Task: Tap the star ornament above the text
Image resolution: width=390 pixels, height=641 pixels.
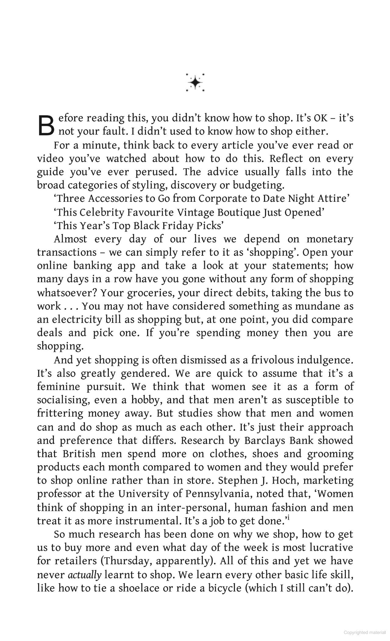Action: pos(195,82)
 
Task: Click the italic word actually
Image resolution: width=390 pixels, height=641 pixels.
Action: pos(84,575)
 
